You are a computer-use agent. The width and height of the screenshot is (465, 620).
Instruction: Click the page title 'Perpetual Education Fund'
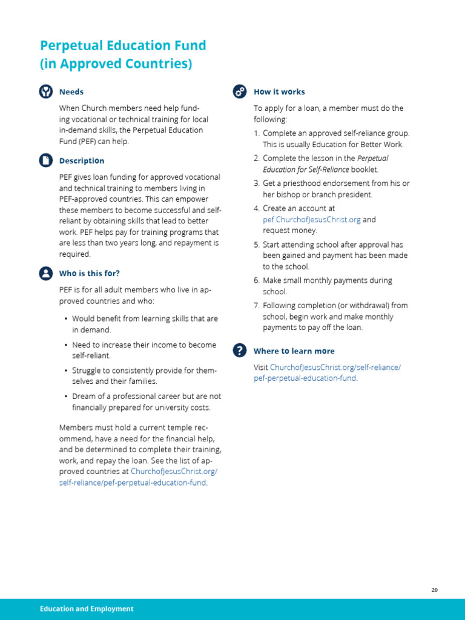click(123, 45)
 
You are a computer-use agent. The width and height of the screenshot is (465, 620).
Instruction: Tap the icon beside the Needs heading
click(46, 91)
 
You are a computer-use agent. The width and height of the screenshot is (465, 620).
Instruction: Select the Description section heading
click(82, 160)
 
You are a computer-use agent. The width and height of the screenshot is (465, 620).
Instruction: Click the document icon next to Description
click(46, 160)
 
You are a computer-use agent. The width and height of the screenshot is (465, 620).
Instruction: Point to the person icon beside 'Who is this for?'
click(46, 273)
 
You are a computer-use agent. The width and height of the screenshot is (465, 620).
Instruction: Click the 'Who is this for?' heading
click(90, 273)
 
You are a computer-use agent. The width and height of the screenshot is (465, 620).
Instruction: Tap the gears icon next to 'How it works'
click(240, 91)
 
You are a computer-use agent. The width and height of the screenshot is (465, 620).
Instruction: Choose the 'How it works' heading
click(279, 91)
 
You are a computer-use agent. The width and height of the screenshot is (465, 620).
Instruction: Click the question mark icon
click(240, 351)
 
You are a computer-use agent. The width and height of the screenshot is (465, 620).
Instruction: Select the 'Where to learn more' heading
click(294, 351)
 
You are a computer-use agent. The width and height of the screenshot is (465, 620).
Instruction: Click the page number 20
click(435, 590)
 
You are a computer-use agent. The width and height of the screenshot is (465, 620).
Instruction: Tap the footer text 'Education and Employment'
click(87, 608)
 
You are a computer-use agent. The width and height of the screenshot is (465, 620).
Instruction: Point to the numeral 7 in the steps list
click(256, 305)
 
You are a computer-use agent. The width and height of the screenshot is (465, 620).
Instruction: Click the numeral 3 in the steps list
click(256, 183)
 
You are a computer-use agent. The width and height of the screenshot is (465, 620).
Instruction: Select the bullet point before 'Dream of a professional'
click(65, 397)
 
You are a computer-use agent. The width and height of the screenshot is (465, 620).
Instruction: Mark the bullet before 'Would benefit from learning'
click(65, 318)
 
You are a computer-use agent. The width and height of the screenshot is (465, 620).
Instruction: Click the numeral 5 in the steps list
click(256, 245)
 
